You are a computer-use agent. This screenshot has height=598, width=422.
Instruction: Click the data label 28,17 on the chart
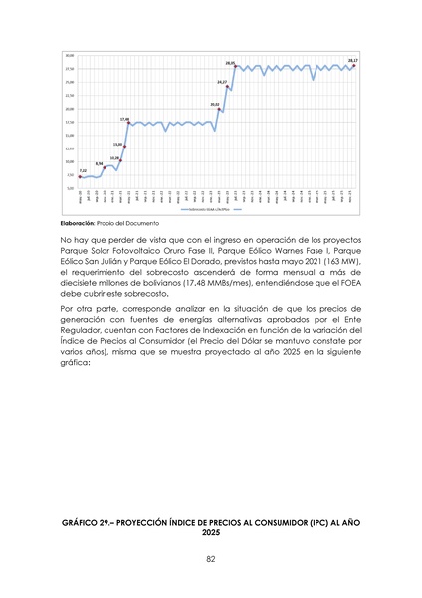(x=353, y=60)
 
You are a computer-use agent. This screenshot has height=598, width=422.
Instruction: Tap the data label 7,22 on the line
(x=83, y=171)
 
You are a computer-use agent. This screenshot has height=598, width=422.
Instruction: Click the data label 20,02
(x=215, y=104)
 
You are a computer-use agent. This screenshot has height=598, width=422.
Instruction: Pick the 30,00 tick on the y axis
(x=69, y=55)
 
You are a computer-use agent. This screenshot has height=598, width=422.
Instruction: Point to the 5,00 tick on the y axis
(x=70, y=187)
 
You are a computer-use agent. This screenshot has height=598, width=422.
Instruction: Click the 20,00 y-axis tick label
(x=69, y=108)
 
